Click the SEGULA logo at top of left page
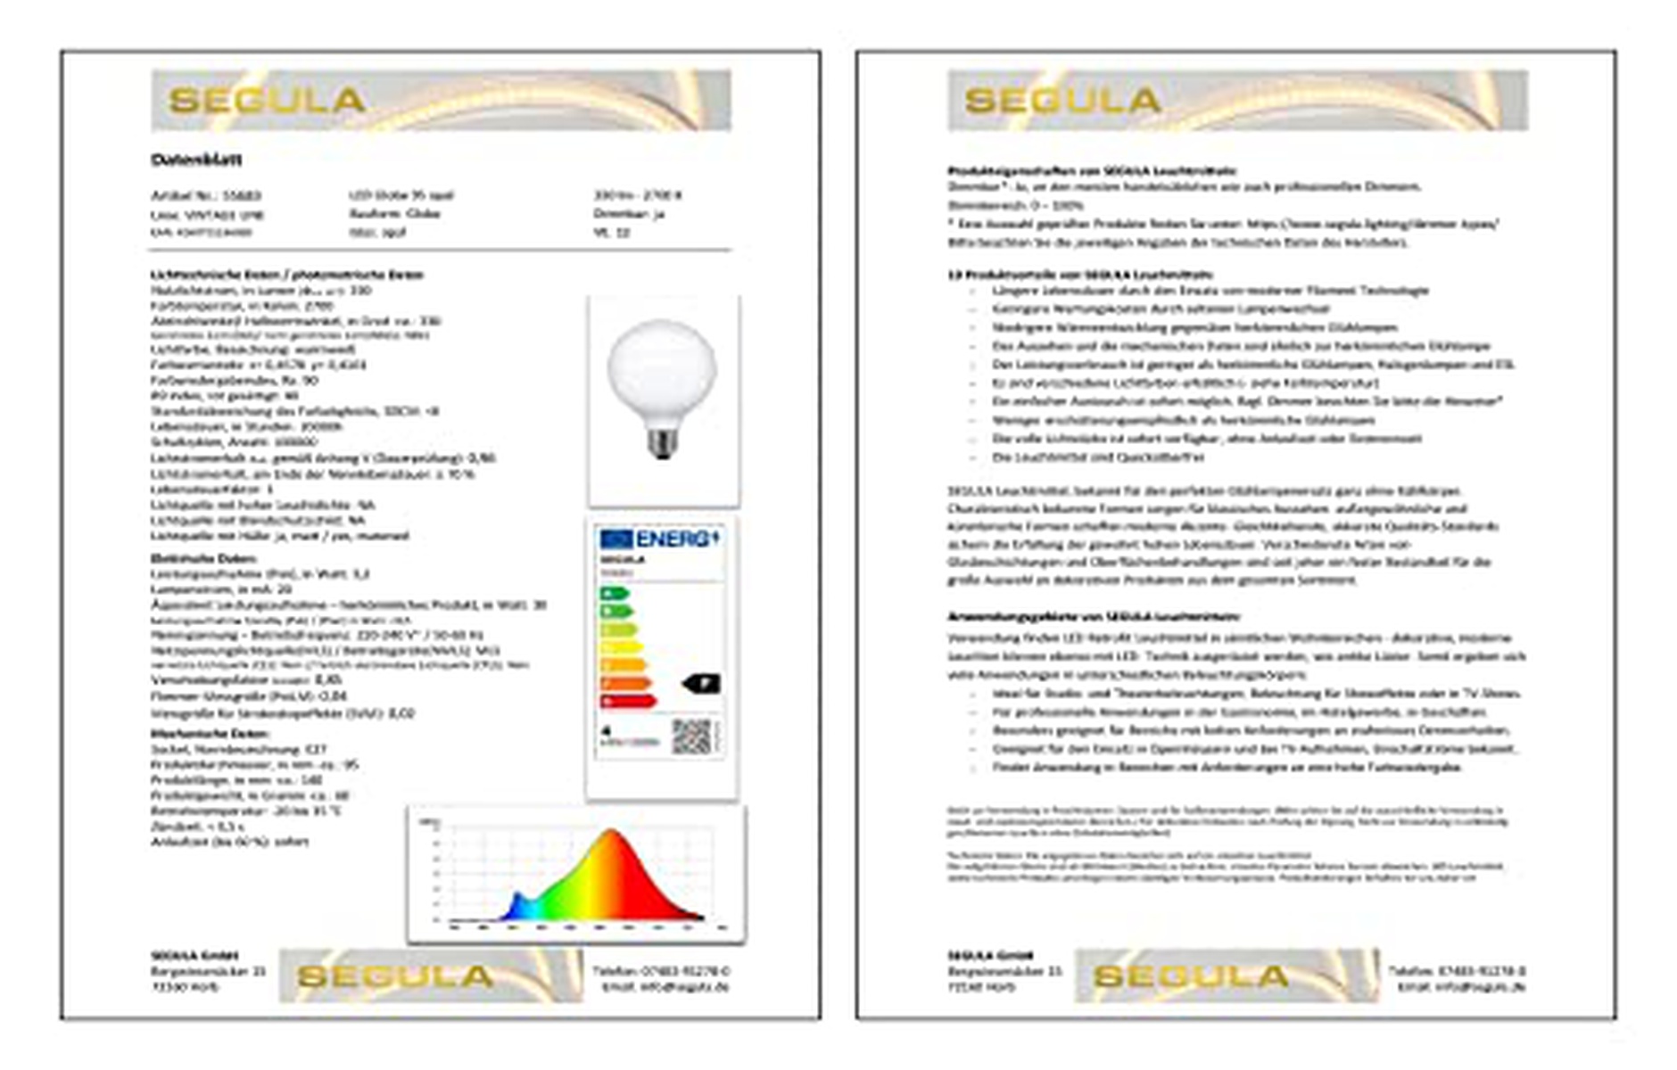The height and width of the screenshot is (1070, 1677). point(267,100)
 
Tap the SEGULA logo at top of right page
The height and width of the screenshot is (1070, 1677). point(1062,100)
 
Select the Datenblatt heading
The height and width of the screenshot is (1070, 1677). point(196,160)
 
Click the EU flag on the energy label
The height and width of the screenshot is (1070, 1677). point(615,539)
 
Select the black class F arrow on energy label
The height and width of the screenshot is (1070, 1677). point(701,684)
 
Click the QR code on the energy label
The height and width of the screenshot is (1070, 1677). point(691,737)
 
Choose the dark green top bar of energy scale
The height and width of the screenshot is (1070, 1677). point(614,594)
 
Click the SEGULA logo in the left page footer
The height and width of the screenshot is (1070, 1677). point(395,976)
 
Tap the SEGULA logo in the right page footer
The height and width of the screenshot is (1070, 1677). point(1191,976)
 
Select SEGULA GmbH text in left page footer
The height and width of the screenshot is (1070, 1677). point(194,955)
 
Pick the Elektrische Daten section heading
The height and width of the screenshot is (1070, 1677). point(191,558)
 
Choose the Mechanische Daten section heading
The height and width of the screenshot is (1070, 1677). point(196,733)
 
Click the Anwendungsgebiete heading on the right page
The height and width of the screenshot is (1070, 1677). point(1093,616)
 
